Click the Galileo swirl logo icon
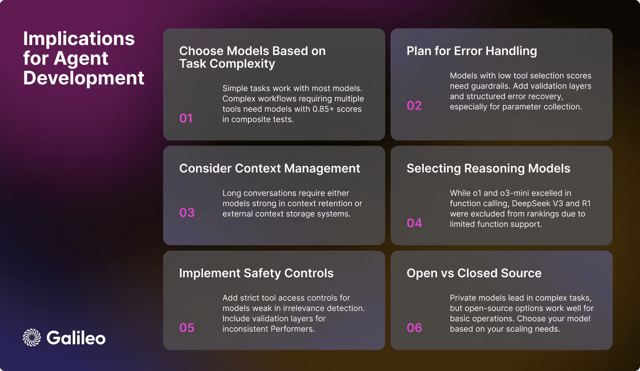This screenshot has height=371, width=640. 32,338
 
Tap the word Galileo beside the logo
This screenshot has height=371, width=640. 76,338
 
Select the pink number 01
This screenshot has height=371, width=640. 186,118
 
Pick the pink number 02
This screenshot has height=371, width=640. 414,106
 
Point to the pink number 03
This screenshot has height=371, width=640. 187,213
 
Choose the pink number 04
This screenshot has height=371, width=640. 414,223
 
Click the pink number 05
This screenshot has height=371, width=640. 187,328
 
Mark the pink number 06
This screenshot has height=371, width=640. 414,328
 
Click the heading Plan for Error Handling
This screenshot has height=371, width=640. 472,51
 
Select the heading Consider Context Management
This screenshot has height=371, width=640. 270,168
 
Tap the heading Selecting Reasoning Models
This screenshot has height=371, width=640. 488,168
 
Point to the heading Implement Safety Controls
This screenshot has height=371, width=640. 256,273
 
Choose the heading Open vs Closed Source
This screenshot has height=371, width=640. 474,273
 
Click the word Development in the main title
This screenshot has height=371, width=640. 84,78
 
